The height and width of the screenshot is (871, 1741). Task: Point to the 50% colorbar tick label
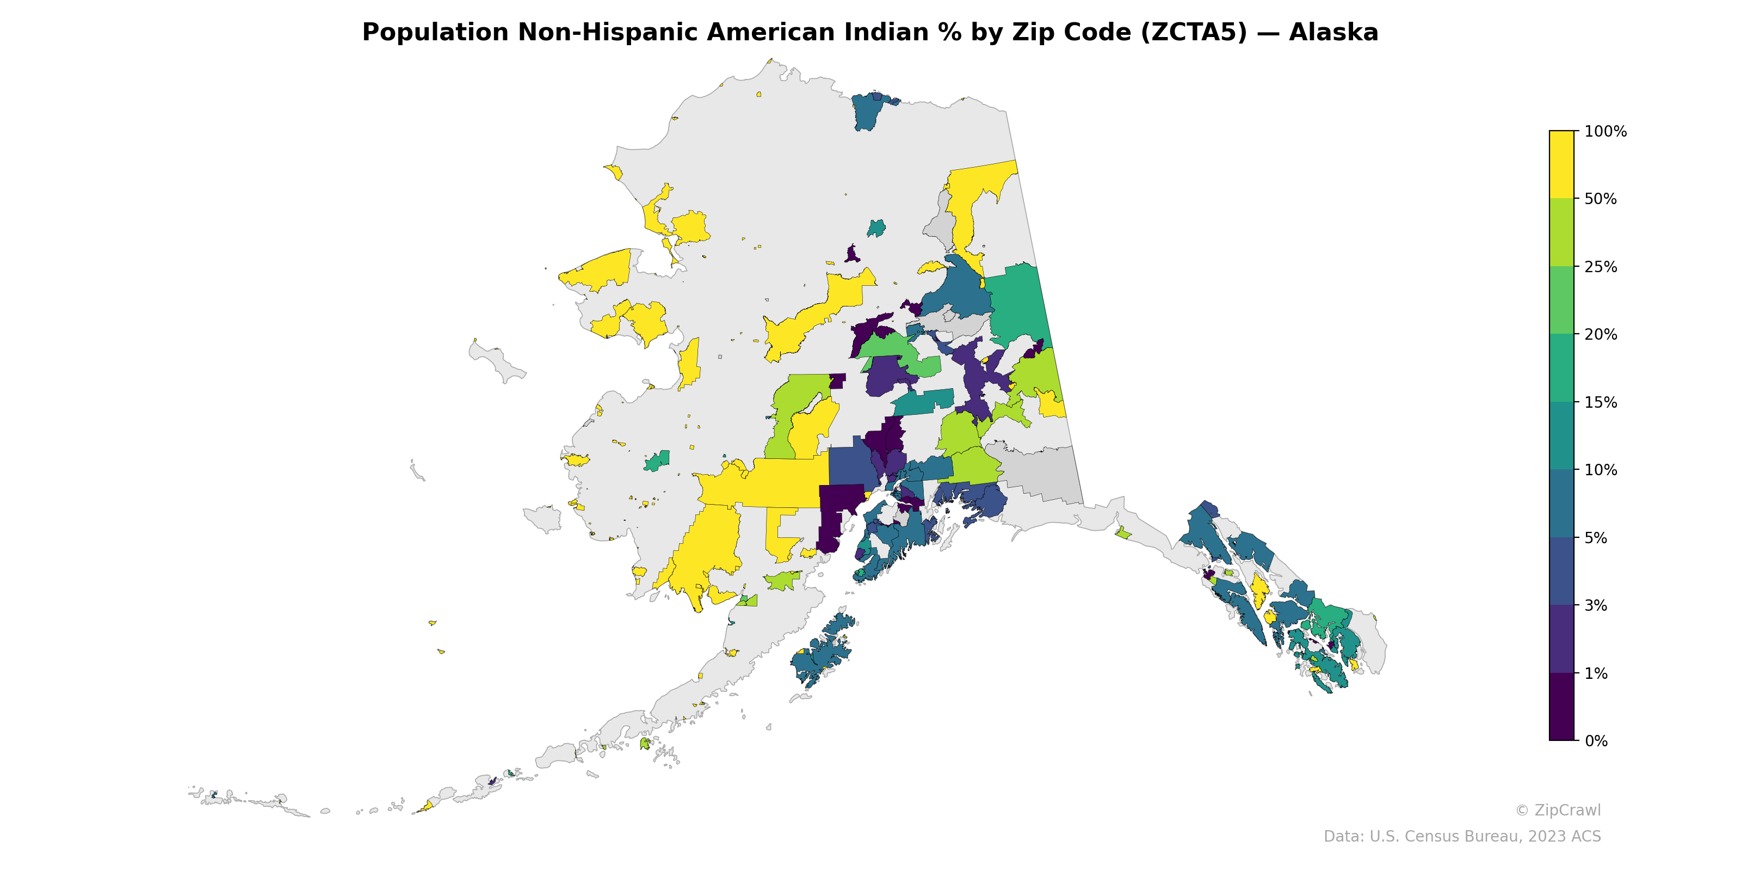[1601, 199]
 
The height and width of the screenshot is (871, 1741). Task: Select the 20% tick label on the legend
[1601, 335]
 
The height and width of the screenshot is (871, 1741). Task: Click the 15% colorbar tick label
[1601, 402]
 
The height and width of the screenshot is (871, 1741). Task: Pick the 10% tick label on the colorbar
[1601, 470]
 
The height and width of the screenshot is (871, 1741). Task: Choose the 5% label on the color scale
[1596, 538]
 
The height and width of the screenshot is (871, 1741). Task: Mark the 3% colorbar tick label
[1596, 606]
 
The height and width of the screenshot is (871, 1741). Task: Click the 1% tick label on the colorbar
[1596, 673]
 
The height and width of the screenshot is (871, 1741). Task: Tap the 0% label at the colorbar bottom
[1596, 741]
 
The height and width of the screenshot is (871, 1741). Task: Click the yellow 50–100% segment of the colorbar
[1561, 164]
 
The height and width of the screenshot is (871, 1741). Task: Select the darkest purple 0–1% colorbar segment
[1561, 707]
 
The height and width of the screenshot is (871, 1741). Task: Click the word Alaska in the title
[1333, 33]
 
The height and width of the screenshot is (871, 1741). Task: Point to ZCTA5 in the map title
[1193, 33]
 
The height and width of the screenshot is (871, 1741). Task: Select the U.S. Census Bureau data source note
[1462, 837]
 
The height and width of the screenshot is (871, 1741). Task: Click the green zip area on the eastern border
[1014, 304]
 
